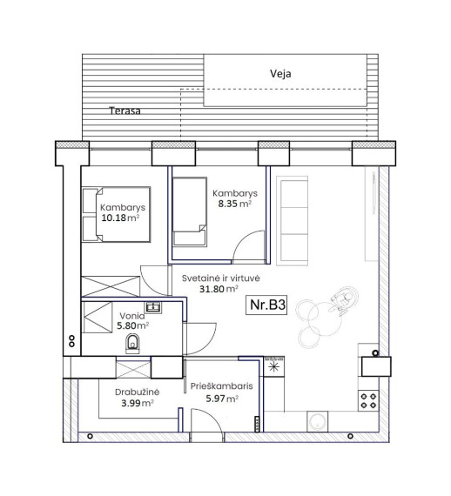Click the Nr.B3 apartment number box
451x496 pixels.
point(266,305)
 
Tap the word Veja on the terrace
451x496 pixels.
point(280,74)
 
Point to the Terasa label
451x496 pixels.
point(125,111)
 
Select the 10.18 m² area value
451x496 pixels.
point(120,218)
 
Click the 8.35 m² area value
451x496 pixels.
point(234,204)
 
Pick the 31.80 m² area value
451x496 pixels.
point(219,289)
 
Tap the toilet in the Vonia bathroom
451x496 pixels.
point(132,344)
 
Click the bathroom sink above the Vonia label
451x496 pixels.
point(153,307)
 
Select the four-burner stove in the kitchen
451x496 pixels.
point(368,400)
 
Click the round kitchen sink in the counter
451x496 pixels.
point(318,421)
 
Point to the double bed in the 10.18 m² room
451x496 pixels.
point(116,214)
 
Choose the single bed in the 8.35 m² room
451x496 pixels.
point(190,211)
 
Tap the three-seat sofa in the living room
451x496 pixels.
point(293,220)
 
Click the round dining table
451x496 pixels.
point(325,318)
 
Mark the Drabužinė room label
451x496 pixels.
point(137,392)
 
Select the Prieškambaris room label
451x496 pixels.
point(221,386)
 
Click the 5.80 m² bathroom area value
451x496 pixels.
point(133,325)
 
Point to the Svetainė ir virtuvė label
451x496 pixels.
point(221,278)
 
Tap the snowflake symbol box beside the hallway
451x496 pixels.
point(273,366)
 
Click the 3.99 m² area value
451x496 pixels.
point(138,403)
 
